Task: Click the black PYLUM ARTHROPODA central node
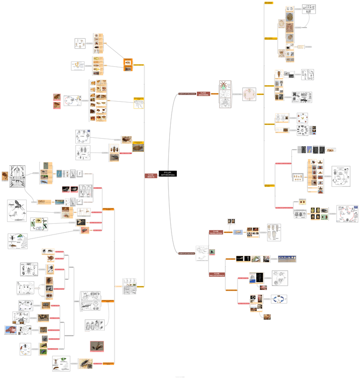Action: point(167,173)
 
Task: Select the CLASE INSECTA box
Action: point(151,176)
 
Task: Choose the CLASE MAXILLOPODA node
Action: point(217,232)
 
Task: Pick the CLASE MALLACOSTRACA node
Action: point(217,275)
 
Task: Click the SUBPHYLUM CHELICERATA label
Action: point(187,94)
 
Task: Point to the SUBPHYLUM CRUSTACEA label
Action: point(187,253)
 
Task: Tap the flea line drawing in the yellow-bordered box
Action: point(139,104)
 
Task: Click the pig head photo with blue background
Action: point(10,330)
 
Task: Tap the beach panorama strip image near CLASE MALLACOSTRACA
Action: point(287,259)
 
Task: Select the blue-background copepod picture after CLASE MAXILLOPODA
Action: point(238,232)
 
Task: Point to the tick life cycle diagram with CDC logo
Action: point(348,214)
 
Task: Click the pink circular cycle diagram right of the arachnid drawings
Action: point(249,94)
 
